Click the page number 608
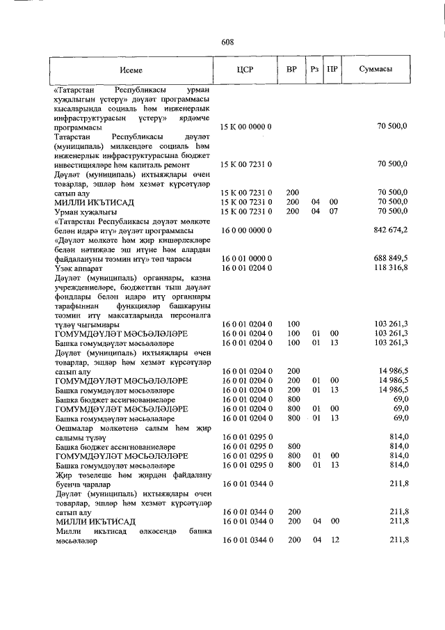point(227,42)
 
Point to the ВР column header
point(292,70)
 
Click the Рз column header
point(315,70)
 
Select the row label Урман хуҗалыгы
point(84,211)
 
